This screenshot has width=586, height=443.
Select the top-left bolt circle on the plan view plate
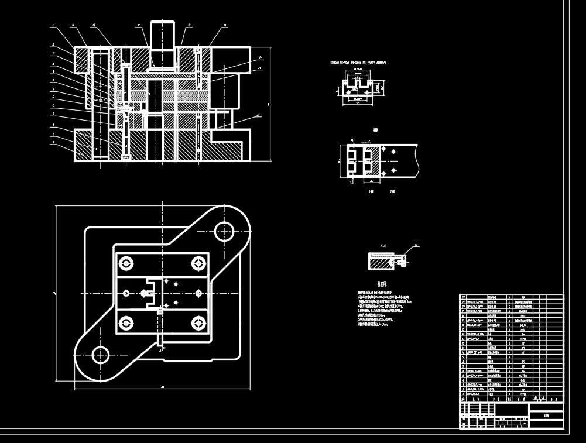tap(126, 263)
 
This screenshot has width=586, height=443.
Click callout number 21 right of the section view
tap(258, 116)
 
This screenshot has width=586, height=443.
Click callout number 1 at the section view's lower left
tap(53, 142)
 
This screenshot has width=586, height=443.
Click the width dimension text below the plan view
tap(161, 387)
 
